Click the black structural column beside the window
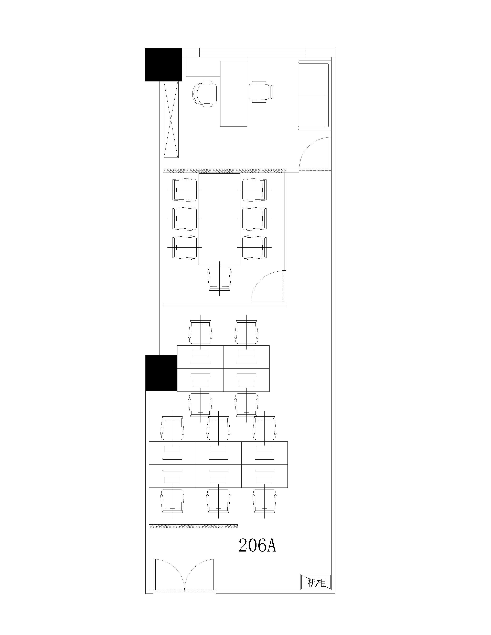pos(163,65)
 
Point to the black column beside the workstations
pos(161,373)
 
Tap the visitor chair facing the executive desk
pos(261,92)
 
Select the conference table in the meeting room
pos(219,219)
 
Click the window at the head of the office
pos(253,53)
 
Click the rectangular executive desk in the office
pos(234,94)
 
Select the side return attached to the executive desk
pos(203,67)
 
